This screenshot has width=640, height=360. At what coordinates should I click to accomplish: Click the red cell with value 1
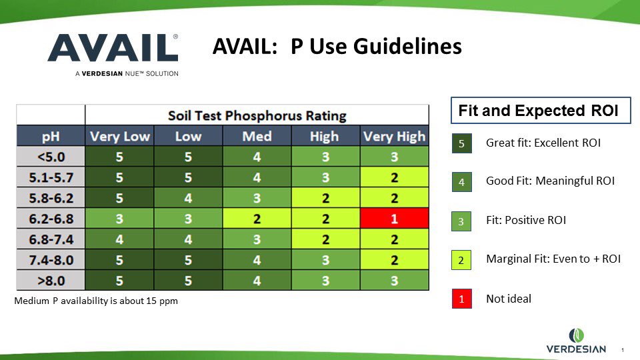pos(393,218)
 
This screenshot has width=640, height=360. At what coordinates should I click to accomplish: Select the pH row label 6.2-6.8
pos(51,218)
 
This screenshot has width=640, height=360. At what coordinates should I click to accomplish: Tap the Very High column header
pos(393,136)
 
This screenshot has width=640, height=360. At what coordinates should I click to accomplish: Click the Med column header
pos(257,136)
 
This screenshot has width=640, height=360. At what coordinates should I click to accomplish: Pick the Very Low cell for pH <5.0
pos(119,157)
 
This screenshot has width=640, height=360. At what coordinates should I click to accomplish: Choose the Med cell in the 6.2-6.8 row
pos(257,218)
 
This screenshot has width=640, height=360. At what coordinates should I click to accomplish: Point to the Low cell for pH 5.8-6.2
pos(188,198)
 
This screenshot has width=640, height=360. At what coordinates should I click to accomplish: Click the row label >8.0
pos(51,280)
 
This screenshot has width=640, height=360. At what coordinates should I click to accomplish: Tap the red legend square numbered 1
pos(461,299)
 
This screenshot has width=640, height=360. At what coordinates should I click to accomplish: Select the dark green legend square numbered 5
pos(461,143)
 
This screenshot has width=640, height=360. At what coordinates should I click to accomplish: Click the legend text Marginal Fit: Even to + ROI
pos(553,259)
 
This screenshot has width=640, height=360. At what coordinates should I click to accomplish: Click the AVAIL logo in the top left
pos(113,53)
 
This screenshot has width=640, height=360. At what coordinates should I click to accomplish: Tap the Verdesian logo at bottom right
pos(577,341)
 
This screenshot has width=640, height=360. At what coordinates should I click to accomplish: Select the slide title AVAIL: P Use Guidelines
pos(337,47)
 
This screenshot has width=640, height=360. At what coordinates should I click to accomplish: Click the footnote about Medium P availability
pos(96,301)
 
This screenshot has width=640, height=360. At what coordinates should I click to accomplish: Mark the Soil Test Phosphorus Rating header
pos(257,115)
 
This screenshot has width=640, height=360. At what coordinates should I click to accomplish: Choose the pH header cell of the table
pos(51,136)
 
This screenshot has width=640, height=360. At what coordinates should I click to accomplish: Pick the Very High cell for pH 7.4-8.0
pos(393,259)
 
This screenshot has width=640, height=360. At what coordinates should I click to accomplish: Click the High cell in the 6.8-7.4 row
pos(325,239)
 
